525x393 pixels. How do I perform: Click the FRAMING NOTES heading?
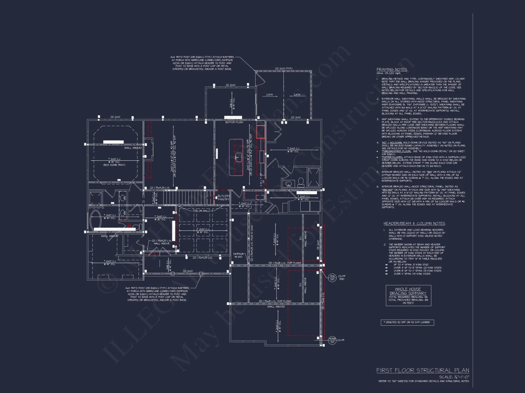click(392, 69)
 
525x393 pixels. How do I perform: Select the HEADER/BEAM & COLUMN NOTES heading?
click(414, 223)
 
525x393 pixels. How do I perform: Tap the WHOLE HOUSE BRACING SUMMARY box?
click(408, 296)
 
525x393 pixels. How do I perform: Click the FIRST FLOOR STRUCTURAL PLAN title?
click(423, 370)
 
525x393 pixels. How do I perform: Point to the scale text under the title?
click(454, 377)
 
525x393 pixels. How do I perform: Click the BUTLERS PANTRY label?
click(224, 198)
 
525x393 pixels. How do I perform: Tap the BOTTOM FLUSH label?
click(234, 122)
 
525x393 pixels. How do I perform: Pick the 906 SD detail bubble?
click(332, 278)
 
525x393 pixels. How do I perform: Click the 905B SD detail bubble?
click(332, 340)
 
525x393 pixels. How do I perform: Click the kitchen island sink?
click(239, 158)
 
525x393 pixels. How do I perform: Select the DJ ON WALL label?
click(202, 211)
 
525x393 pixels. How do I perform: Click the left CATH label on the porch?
click(270, 95)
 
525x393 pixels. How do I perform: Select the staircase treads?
click(184, 198)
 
